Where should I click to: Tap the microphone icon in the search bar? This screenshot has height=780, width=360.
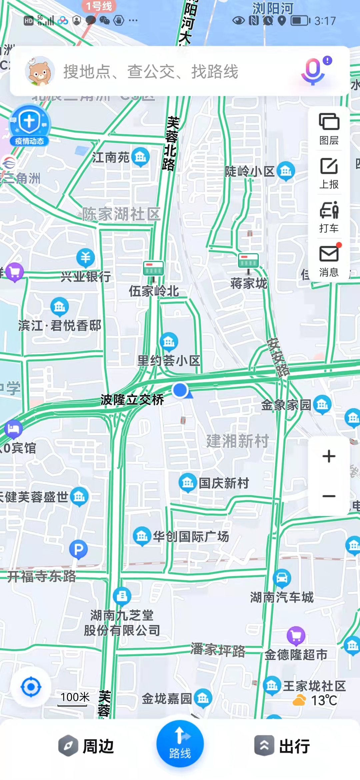(x=313, y=71)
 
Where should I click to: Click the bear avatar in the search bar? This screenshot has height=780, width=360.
(x=40, y=71)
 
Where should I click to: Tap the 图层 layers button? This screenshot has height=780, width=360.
(x=329, y=128)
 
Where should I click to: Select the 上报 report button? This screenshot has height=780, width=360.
(x=329, y=173)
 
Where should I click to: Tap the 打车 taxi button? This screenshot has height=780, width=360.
(x=329, y=217)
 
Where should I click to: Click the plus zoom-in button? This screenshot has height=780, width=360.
(x=329, y=456)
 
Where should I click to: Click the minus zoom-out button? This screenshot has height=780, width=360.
(x=329, y=496)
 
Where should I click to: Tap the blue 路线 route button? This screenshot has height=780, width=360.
(x=180, y=744)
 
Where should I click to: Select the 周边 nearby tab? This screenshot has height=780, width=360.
(x=87, y=746)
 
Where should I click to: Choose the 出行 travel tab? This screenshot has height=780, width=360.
(x=283, y=746)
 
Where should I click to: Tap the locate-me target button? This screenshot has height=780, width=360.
(x=31, y=687)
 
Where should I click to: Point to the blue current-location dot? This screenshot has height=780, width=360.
(x=180, y=390)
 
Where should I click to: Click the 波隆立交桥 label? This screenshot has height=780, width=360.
(x=132, y=399)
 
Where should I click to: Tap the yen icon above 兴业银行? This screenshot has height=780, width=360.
(x=85, y=257)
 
